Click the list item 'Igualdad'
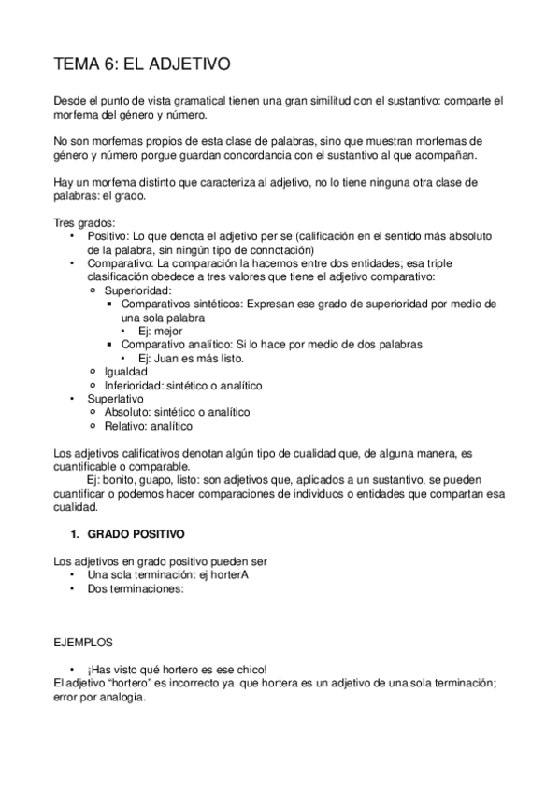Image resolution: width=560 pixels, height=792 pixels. click(125, 371)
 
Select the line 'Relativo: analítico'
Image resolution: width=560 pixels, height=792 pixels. click(149, 425)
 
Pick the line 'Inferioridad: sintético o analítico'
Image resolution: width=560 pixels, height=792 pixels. click(183, 385)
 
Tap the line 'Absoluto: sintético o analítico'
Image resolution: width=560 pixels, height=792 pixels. click(178, 412)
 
